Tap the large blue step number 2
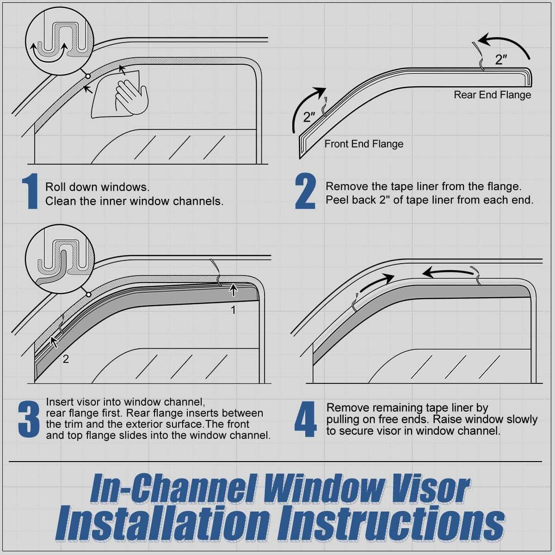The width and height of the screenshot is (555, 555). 305,191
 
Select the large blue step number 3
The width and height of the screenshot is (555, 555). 29,419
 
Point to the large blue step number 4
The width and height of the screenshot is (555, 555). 306,419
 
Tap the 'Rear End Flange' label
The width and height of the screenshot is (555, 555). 492,95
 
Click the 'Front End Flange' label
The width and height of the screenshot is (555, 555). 364,144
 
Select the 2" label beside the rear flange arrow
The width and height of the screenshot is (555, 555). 501,60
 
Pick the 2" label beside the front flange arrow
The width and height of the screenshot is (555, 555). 309,117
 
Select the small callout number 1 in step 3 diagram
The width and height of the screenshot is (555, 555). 234,310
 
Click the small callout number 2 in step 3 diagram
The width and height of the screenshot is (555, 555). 66,359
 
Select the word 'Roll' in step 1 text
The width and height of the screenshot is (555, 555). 55,187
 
